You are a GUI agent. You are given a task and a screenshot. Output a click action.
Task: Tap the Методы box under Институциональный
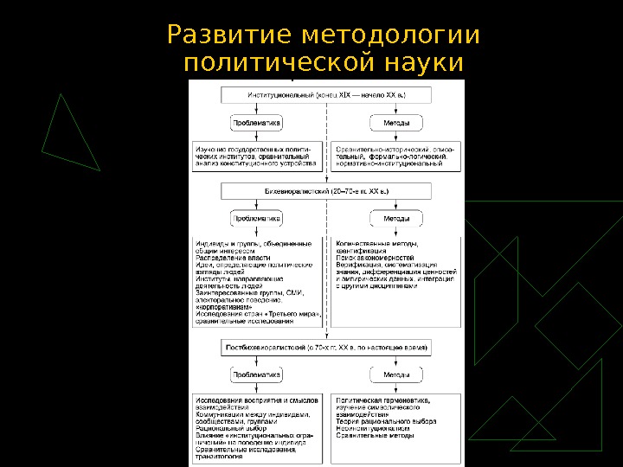(x=396, y=124)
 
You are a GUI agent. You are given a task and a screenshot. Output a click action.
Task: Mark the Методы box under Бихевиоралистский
(x=396, y=219)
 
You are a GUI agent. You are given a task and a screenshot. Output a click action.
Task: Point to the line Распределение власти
(x=233, y=258)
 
